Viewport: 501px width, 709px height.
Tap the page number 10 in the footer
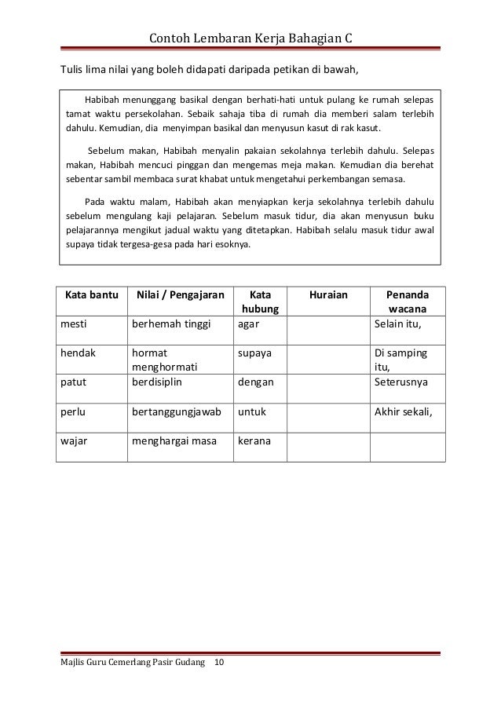pyautogui.click(x=218, y=663)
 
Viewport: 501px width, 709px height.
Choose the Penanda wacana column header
pyautogui.click(x=408, y=302)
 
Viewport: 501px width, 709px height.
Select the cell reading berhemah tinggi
pyautogui.click(x=166, y=323)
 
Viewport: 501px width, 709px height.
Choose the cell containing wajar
pyautogui.click(x=75, y=440)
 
